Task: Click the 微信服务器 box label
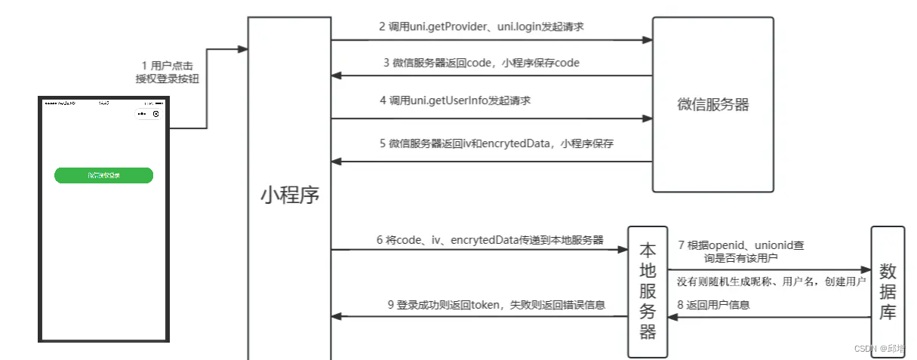(712, 105)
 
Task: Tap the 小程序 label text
(290, 195)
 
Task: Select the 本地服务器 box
(648, 291)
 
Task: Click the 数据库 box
(887, 291)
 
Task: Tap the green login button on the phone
(103, 175)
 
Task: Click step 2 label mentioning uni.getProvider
(482, 26)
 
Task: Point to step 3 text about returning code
(481, 63)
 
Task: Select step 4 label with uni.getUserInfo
(455, 100)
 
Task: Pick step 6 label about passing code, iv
(490, 240)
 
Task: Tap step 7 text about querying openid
(740, 251)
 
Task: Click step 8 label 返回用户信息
(713, 305)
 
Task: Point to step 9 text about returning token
(496, 305)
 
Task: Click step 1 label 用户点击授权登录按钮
(168, 72)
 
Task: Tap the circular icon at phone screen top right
(156, 115)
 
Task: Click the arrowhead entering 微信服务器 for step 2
(648, 40)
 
